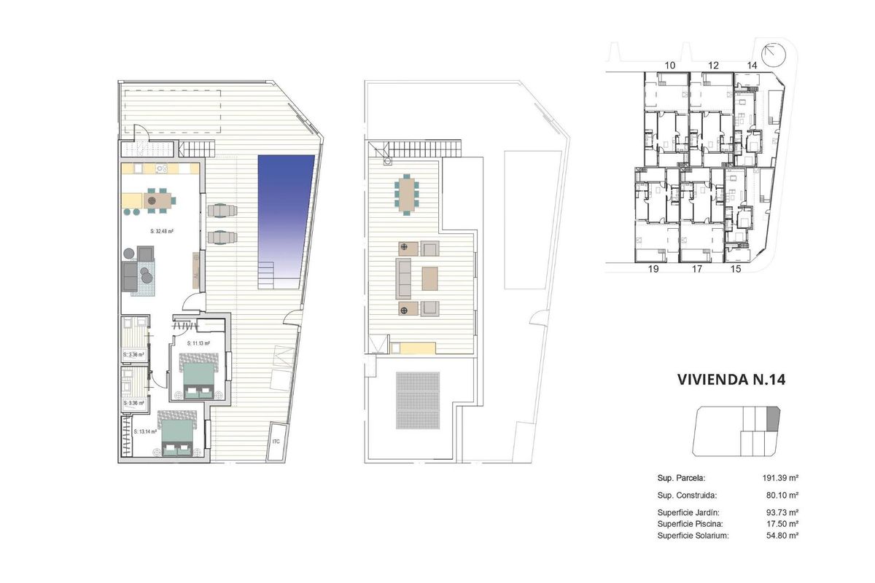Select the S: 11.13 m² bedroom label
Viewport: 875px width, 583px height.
198,343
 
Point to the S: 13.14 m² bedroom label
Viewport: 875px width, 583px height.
146,431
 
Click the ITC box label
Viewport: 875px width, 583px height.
276,442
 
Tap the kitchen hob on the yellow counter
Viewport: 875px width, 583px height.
162,169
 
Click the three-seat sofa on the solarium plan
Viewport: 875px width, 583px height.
403,278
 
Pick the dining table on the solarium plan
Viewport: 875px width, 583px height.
406,194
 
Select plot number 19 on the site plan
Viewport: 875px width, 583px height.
653,269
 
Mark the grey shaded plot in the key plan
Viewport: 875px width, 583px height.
773,419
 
